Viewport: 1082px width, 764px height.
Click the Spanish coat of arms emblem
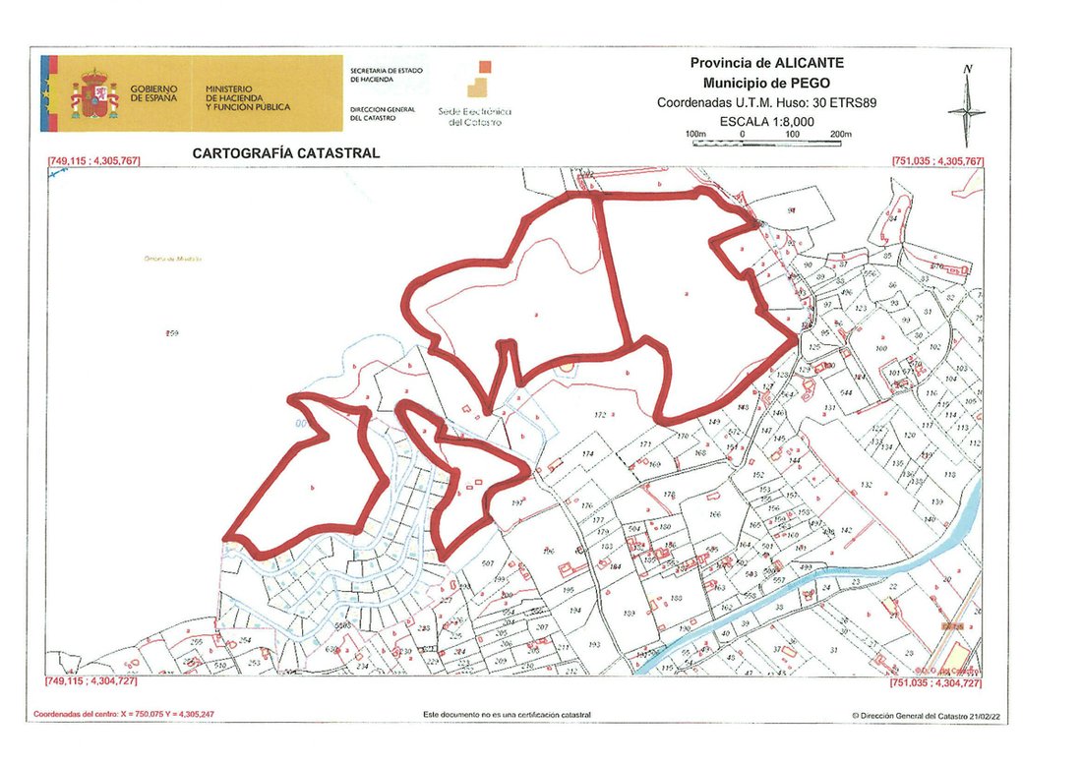coord(93,95)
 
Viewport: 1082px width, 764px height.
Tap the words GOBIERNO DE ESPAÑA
coord(154,95)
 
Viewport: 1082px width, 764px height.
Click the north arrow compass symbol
coord(967,106)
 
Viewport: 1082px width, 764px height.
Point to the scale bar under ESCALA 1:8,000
coord(766,144)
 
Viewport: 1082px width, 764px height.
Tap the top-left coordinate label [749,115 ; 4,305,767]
coord(90,161)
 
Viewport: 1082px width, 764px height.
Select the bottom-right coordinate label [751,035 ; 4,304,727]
coord(936,681)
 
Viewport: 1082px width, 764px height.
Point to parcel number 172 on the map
coord(601,416)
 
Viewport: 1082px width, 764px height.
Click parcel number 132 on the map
coord(867,485)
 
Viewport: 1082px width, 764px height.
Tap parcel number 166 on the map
coord(714,513)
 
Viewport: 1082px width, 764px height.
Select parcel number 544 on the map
coord(845,393)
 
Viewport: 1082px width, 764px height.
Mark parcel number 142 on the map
coord(845,530)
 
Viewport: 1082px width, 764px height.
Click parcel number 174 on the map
coord(588,453)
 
